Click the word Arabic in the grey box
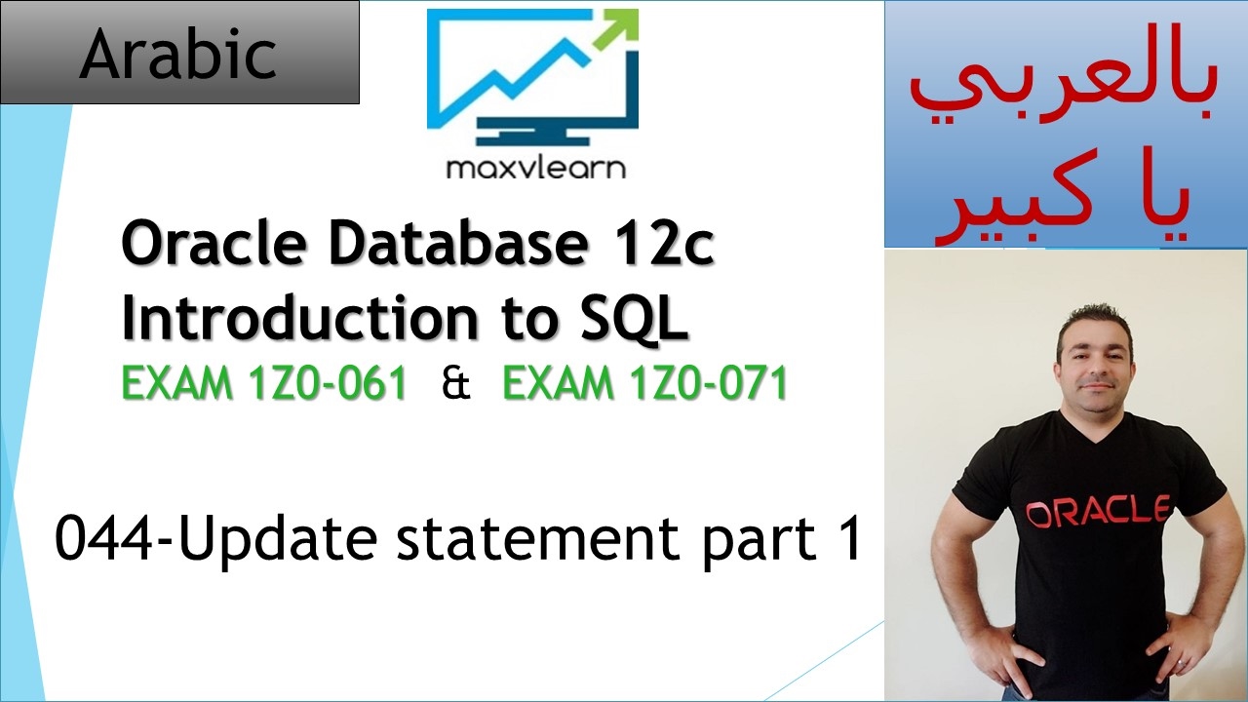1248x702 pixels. (178, 55)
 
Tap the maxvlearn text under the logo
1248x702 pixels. (535, 168)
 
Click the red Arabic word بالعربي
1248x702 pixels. (1065, 93)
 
